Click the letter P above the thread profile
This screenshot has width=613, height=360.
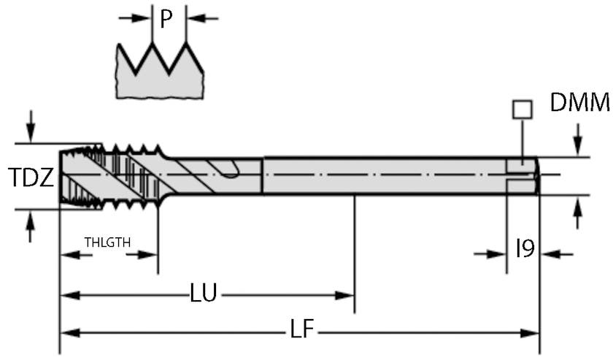coord(167,19)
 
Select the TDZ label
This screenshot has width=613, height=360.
coord(31,177)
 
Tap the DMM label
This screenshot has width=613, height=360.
coord(580,103)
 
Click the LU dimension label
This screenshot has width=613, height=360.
coord(203,294)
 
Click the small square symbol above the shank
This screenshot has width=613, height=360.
coord(523,110)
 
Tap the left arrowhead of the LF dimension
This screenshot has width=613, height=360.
coord(68,333)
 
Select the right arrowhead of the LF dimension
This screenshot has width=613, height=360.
coord(532,333)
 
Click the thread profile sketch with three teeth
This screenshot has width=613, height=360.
coord(161,70)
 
